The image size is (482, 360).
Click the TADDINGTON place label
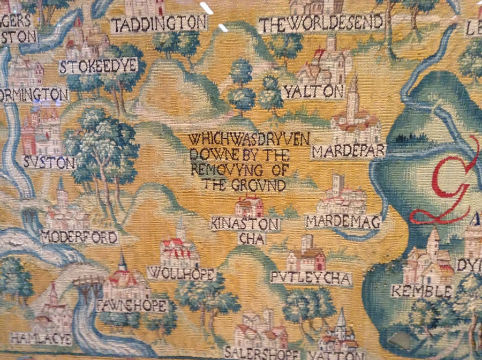pyautogui.click(x=159, y=24)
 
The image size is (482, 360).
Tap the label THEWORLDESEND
pyautogui.click(x=321, y=23)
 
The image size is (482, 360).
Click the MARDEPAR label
pyautogui.click(x=348, y=152)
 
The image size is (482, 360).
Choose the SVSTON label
pyautogui.click(x=50, y=162)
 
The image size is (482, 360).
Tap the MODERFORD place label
pyautogui.click(x=79, y=237)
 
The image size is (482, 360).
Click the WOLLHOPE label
pyautogui.click(x=181, y=274)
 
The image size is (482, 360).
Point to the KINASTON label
pyautogui.click(x=245, y=224)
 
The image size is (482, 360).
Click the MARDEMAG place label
pyautogui.click(x=343, y=221)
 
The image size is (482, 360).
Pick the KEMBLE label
pyautogui.click(x=413, y=291)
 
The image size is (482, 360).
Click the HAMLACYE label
pyautogui.click(x=32, y=338)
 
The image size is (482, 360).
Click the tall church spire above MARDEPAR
pyautogui.click(x=353, y=91)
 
